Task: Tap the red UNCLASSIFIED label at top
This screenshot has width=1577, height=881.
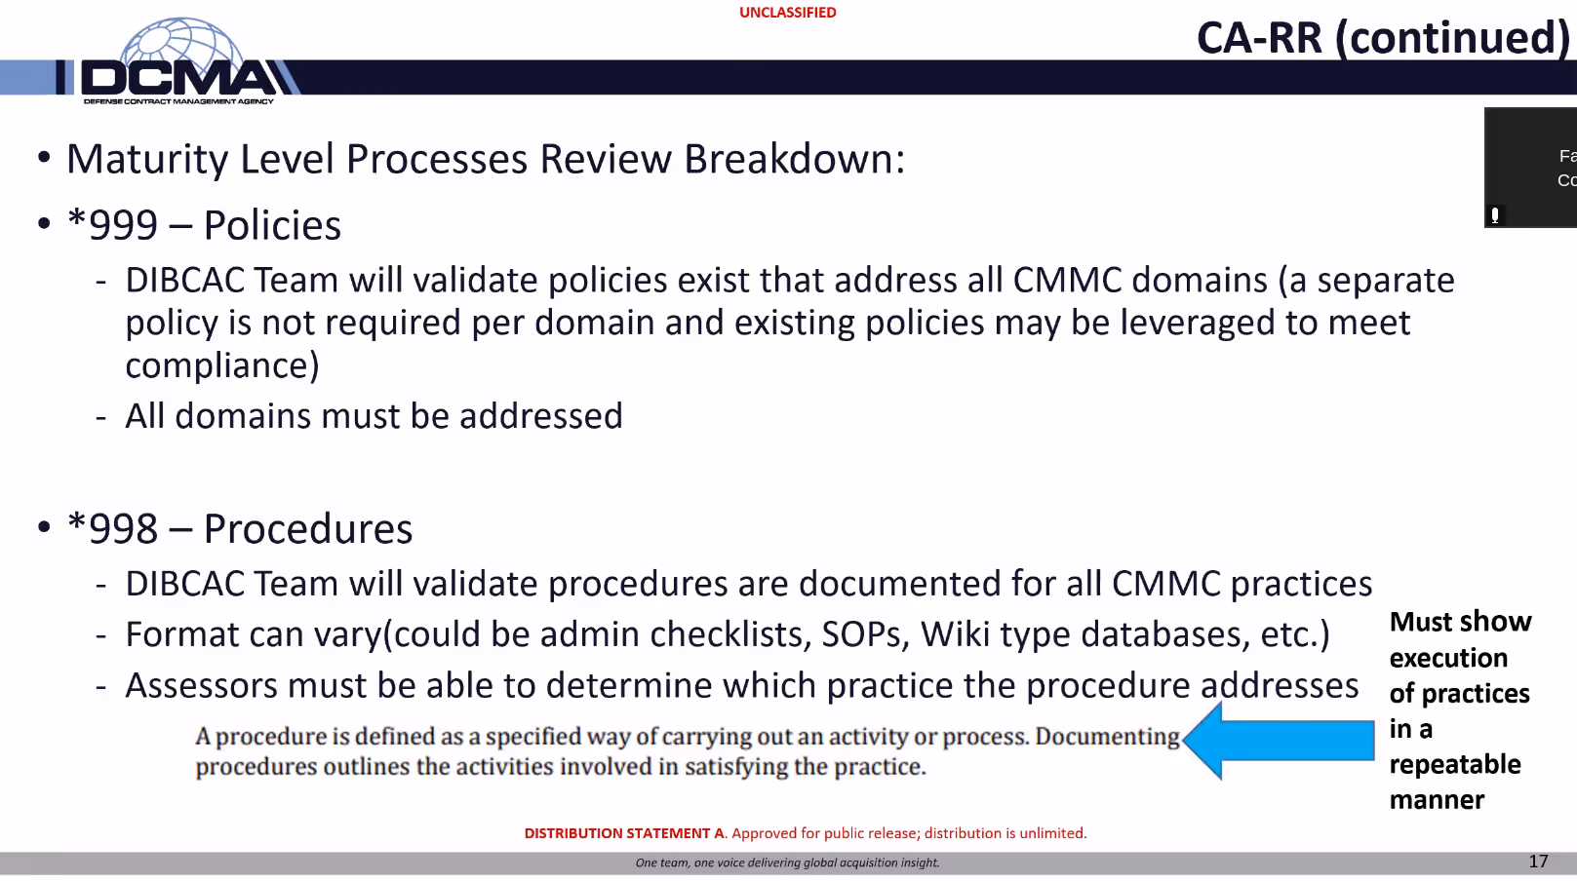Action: pyautogui.click(x=787, y=13)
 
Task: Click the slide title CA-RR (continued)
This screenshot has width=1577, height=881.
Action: pyautogui.click(x=1382, y=38)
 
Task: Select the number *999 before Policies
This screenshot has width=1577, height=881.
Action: pyautogui.click(x=112, y=225)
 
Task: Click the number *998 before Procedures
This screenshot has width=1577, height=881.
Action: pyautogui.click(x=112, y=529)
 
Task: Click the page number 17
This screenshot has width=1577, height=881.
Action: pyautogui.click(x=1538, y=862)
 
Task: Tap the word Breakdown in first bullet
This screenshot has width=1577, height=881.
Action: pyautogui.click(x=794, y=160)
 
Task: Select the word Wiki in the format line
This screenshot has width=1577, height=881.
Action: pyautogui.click(x=955, y=634)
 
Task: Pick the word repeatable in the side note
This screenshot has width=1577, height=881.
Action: pyautogui.click(x=1454, y=765)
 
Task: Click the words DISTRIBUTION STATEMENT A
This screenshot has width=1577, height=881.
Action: pyautogui.click(x=624, y=833)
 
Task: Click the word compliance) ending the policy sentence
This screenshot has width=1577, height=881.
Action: pyautogui.click(x=222, y=365)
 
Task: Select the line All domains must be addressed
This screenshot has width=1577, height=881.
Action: pyautogui.click(x=374, y=416)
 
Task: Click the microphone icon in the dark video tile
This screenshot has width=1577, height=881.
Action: pyautogui.click(x=1494, y=215)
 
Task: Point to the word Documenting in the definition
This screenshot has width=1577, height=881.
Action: pyautogui.click(x=1107, y=736)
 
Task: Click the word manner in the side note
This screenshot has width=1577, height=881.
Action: pyautogui.click(x=1436, y=800)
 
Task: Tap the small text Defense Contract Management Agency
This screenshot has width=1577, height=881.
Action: pyautogui.click(x=178, y=101)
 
